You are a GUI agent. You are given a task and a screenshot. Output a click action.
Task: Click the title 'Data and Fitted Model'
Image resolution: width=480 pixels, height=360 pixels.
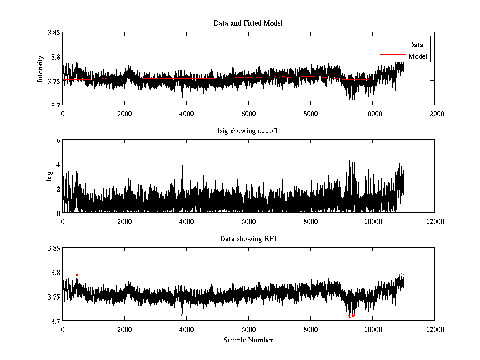[x=248, y=23]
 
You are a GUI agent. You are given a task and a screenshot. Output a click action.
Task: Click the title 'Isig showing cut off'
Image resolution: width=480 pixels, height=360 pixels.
[x=248, y=131]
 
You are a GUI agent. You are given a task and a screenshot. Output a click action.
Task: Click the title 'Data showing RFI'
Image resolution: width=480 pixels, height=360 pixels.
[x=248, y=239]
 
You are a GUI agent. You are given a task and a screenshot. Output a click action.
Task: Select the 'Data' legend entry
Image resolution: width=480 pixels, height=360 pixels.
[x=416, y=45]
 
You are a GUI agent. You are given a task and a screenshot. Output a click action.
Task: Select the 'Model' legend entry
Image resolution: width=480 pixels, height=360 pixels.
[x=418, y=56]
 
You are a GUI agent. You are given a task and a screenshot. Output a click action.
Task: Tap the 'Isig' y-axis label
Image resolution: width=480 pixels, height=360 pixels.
[x=49, y=176]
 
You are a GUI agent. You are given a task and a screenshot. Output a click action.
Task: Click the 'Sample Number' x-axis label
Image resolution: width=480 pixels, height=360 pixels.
[x=248, y=340]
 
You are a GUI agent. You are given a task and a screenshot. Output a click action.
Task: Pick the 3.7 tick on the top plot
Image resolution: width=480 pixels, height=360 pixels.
[x=55, y=105]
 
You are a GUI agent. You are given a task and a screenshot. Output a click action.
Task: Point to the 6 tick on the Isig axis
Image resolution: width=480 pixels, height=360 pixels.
[x=58, y=140]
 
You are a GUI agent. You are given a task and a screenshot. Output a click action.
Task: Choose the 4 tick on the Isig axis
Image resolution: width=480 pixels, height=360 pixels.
[x=58, y=164]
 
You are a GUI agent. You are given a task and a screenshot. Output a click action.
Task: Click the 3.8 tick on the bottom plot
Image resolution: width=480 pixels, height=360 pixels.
[x=55, y=272]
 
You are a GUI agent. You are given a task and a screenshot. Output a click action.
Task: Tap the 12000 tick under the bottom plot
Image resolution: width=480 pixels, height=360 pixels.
[x=434, y=330]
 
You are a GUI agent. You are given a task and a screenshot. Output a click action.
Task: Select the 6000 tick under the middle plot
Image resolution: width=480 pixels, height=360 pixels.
[x=248, y=222]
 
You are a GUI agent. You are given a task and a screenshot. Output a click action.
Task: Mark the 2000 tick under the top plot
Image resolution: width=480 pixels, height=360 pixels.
[x=124, y=114]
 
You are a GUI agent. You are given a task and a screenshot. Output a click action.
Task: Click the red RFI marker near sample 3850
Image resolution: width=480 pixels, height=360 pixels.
[x=182, y=315]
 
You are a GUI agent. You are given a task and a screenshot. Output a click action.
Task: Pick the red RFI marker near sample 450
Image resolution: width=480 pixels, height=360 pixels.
[x=77, y=275]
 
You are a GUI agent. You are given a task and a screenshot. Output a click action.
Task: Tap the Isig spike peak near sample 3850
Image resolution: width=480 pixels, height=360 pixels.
[x=182, y=159]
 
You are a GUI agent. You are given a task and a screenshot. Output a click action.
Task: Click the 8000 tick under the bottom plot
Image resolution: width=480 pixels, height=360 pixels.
[x=310, y=330]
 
